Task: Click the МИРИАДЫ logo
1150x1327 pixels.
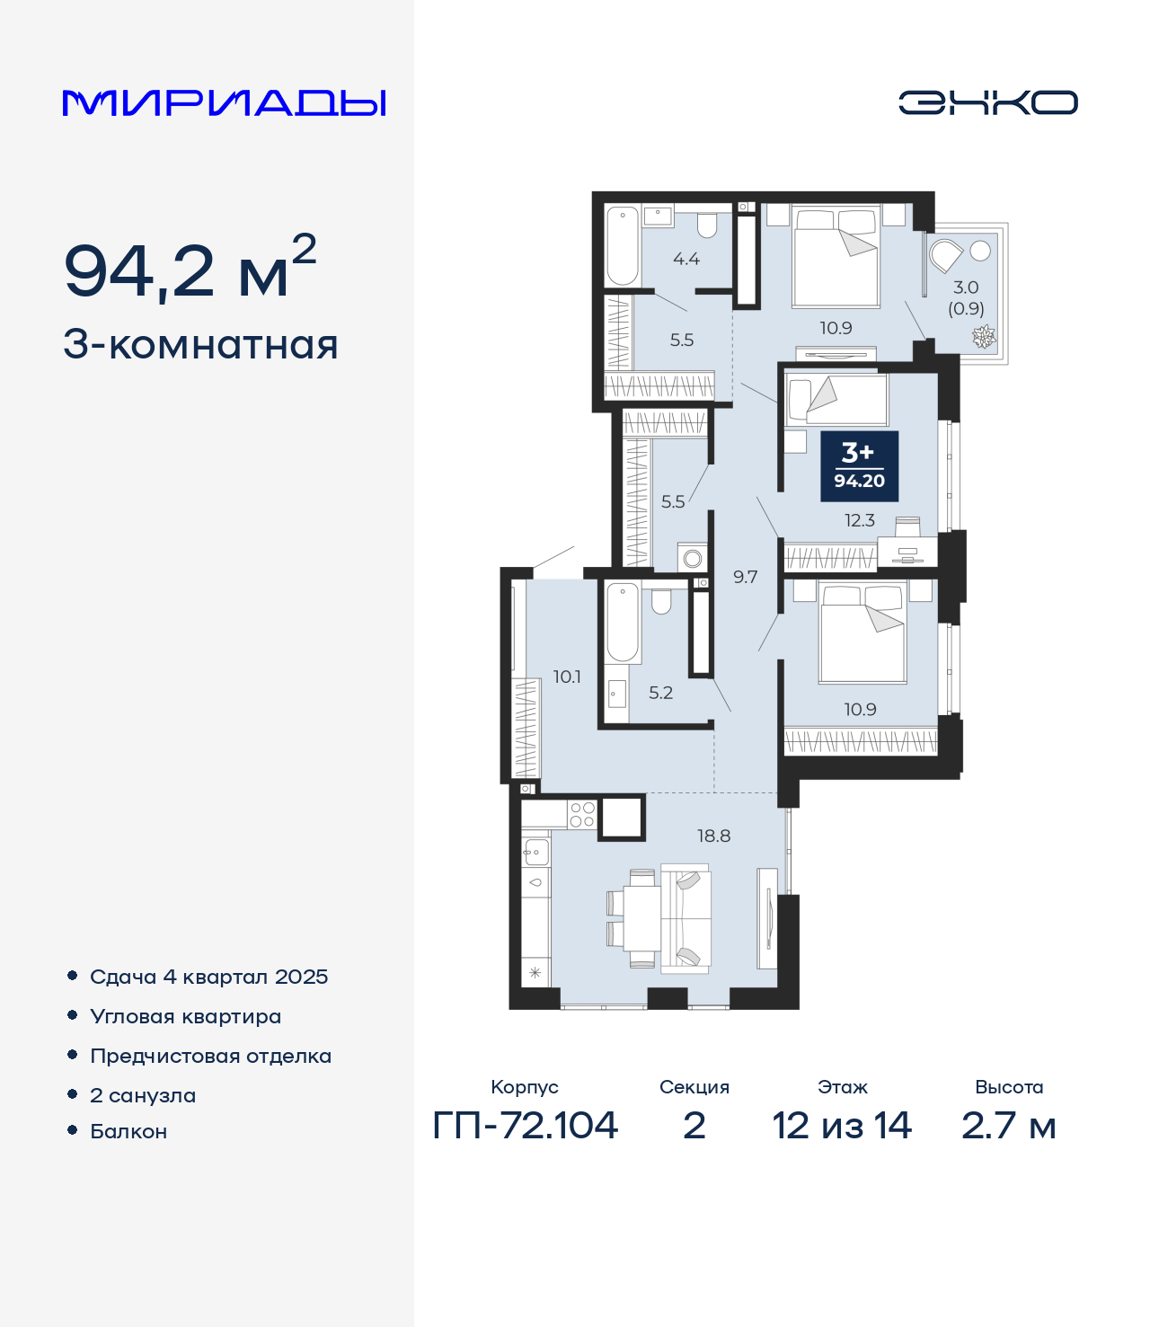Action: point(224,102)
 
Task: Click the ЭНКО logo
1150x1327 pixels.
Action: point(987,102)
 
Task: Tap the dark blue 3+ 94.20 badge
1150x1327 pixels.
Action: point(859,466)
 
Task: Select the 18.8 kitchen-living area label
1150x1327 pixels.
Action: point(714,836)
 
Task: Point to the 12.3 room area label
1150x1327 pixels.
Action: point(859,520)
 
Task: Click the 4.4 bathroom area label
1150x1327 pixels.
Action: point(686,259)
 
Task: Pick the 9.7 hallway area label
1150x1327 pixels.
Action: point(745,577)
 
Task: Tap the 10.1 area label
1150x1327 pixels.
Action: point(567,677)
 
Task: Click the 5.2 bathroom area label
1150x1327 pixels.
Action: point(660,693)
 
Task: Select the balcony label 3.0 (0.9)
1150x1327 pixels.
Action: point(966,298)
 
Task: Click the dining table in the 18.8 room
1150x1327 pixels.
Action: point(642,918)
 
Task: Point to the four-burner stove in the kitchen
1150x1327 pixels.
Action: point(582,815)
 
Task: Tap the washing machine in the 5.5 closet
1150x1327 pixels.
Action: point(692,558)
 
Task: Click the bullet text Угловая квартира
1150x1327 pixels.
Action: point(186,1016)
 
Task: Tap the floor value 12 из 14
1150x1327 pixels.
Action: point(842,1126)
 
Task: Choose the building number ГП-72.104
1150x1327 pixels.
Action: point(526,1126)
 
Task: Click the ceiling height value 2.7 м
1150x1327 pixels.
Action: point(1008,1126)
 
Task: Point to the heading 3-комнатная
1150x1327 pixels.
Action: point(200,345)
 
